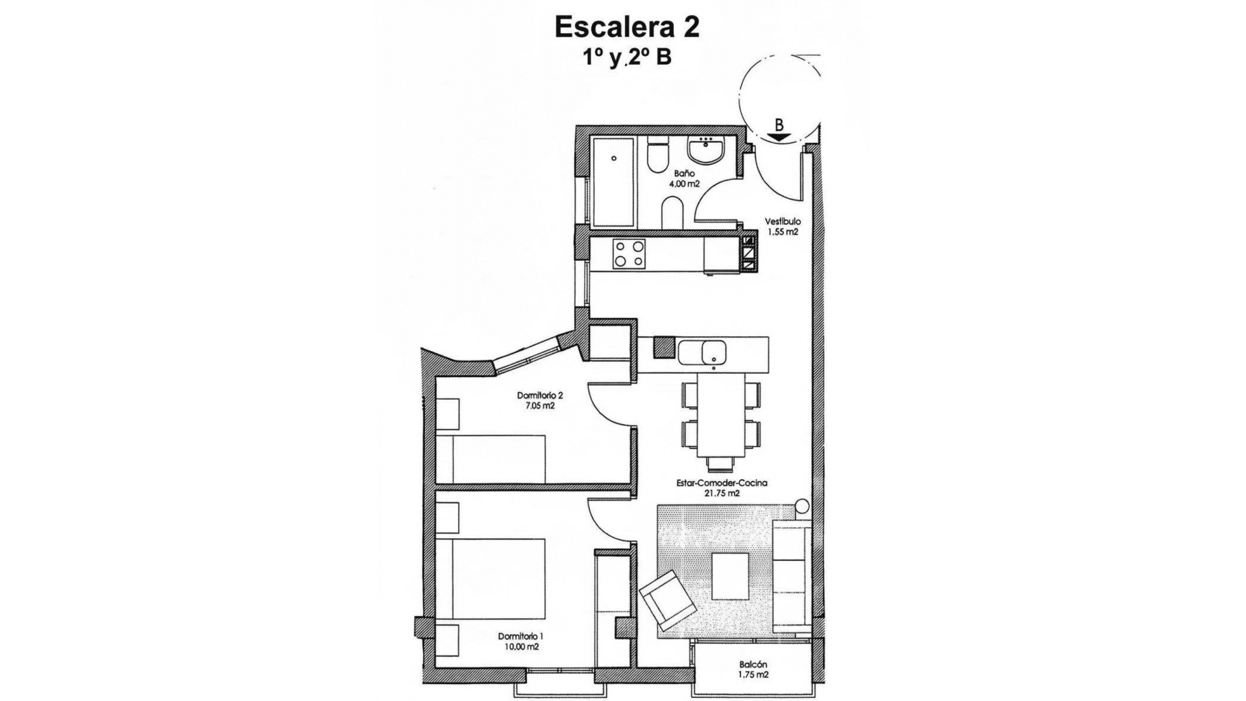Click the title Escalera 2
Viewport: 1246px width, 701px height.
626,27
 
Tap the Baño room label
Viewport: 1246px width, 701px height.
684,173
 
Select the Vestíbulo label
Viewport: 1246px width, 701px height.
782,221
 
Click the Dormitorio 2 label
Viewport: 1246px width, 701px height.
539,395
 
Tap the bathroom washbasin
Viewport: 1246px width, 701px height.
705,153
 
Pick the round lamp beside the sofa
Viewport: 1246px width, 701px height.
802,506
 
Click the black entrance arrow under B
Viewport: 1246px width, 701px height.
778,137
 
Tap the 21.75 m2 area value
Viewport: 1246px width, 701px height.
722,493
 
